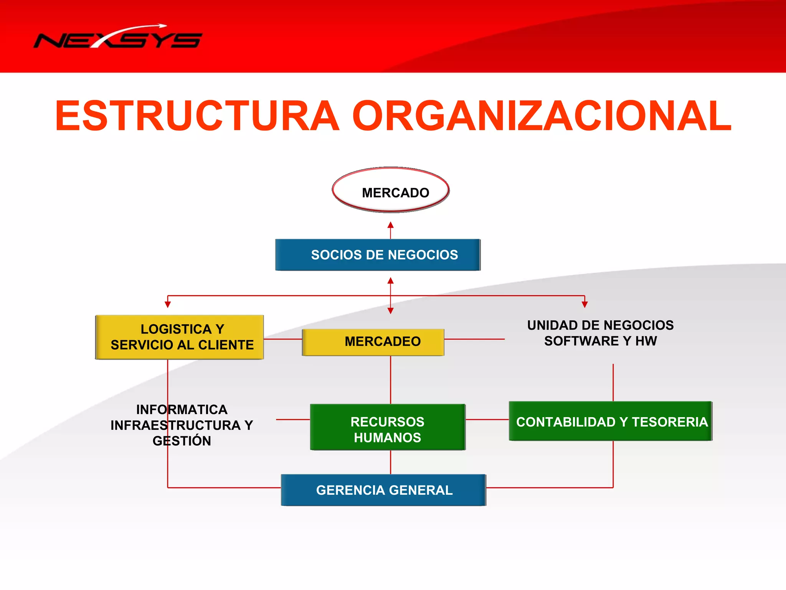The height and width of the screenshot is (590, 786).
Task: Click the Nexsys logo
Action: click(x=118, y=38)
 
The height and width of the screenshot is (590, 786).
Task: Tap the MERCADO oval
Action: click(x=391, y=191)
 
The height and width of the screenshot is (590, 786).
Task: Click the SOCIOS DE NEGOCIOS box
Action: click(x=378, y=255)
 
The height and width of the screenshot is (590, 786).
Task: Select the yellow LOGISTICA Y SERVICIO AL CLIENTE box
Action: click(x=179, y=337)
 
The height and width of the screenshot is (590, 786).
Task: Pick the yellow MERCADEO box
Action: click(x=373, y=342)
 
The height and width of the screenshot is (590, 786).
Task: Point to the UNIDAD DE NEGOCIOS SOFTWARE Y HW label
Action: click(x=600, y=333)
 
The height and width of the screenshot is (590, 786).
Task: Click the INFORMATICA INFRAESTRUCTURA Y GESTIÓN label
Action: click(x=182, y=425)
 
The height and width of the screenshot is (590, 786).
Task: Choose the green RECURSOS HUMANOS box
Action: click(x=388, y=427)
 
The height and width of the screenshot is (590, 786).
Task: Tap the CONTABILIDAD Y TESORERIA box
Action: click(x=610, y=421)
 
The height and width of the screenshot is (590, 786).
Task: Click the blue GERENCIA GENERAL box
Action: click(x=383, y=490)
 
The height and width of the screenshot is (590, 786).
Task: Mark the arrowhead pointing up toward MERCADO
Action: click(x=391, y=225)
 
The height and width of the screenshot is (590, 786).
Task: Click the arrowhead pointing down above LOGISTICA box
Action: click(x=168, y=305)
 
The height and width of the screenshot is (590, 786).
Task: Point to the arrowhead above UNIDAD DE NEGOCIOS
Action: click(x=585, y=305)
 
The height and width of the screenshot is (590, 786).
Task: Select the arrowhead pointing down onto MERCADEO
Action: click(x=391, y=311)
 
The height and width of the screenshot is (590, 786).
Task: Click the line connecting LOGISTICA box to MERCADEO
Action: click(x=283, y=339)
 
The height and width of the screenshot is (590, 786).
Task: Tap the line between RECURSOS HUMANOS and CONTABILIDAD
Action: click(x=487, y=419)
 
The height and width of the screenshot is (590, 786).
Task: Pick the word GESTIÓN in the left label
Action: click(x=182, y=441)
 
